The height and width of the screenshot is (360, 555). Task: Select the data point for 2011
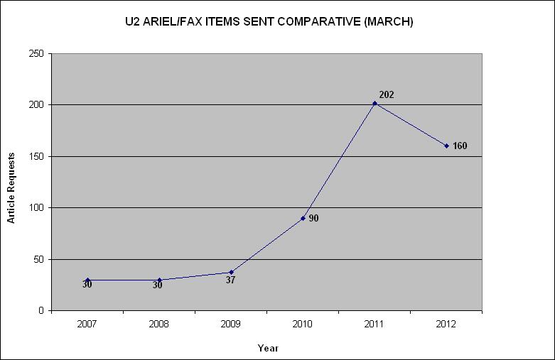tap(375, 104)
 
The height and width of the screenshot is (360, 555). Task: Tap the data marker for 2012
tap(446, 146)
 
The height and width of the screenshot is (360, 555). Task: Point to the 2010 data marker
tap(303, 218)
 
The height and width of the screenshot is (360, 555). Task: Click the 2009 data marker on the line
tap(231, 272)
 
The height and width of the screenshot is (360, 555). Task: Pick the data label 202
tap(387, 94)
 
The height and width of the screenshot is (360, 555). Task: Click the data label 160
tap(460, 146)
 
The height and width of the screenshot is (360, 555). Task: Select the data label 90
tap(313, 219)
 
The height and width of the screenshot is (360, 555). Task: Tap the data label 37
tap(230, 280)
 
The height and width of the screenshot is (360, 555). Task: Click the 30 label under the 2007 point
tap(87, 285)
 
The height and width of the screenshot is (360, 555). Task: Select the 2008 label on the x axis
tap(159, 324)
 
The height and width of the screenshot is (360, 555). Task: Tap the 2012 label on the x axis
tap(446, 324)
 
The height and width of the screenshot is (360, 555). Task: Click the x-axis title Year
tap(268, 348)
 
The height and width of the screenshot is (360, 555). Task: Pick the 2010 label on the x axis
tap(303, 324)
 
